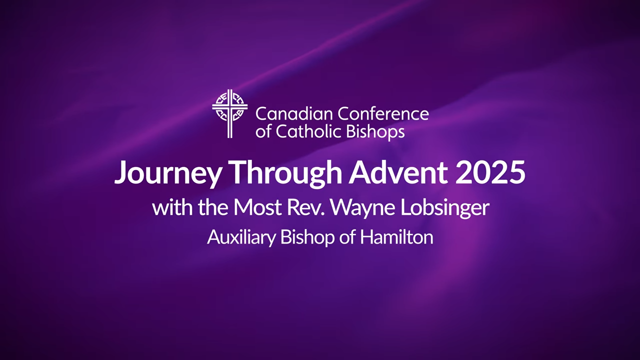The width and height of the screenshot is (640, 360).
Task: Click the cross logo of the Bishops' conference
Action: (x=229, y=113)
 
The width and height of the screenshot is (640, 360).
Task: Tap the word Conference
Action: (x=383, y=113)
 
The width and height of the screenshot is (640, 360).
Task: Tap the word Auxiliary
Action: (x=241, y=237)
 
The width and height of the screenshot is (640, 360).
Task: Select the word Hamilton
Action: (x=396, y=236)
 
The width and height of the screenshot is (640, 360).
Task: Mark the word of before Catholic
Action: (x=263, y=131)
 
